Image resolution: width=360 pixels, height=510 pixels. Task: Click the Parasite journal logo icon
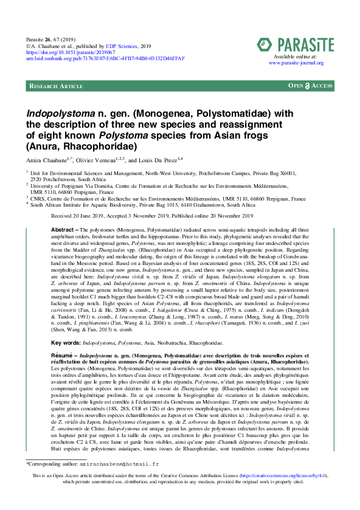click(265, 44)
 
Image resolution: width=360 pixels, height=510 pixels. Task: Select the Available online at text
click(295, 56)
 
